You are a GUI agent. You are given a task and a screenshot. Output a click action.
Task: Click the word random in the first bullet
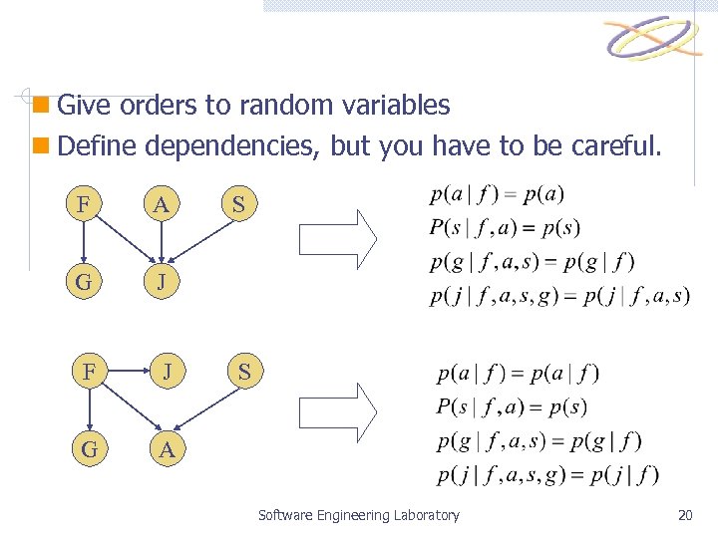[x=260, y=105]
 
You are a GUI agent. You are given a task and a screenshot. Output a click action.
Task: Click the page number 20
[x=684, y=515]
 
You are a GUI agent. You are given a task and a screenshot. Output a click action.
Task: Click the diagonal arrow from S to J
[x=204, y=243]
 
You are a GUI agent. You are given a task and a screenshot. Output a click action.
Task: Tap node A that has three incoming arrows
[x=167, y=449]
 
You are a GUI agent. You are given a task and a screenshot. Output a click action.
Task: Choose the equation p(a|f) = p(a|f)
[x=518, y=375]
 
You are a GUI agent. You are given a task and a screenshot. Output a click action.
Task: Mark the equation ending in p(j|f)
[x=546, y=473]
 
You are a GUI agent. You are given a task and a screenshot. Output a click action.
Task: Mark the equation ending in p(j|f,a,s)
[x=558, y=297]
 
